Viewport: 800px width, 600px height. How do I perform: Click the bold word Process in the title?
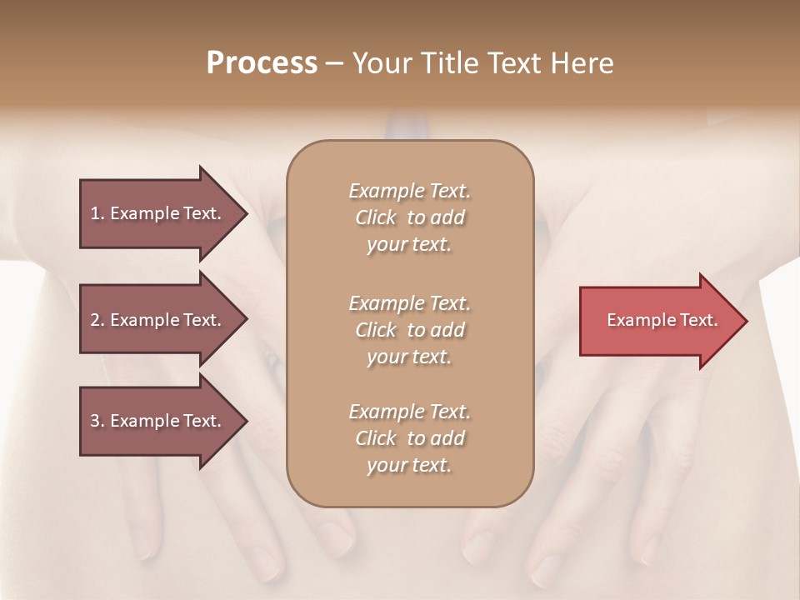pos(262,63)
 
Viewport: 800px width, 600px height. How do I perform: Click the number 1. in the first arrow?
pos(97,213)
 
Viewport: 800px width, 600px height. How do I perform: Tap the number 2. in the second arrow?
pos(97,320)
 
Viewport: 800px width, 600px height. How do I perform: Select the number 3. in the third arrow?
pos(97,421)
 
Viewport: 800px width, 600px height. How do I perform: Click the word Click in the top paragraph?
pos(376,217)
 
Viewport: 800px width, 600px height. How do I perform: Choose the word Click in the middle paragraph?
pos(376,330)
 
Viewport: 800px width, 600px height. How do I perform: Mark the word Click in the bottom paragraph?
pos(376,438)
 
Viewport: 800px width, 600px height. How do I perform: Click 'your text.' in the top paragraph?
pos(409,245)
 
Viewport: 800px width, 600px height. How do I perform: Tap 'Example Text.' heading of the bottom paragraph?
pos(409,412)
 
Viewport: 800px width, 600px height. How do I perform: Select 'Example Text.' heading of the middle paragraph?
pos(409,303)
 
